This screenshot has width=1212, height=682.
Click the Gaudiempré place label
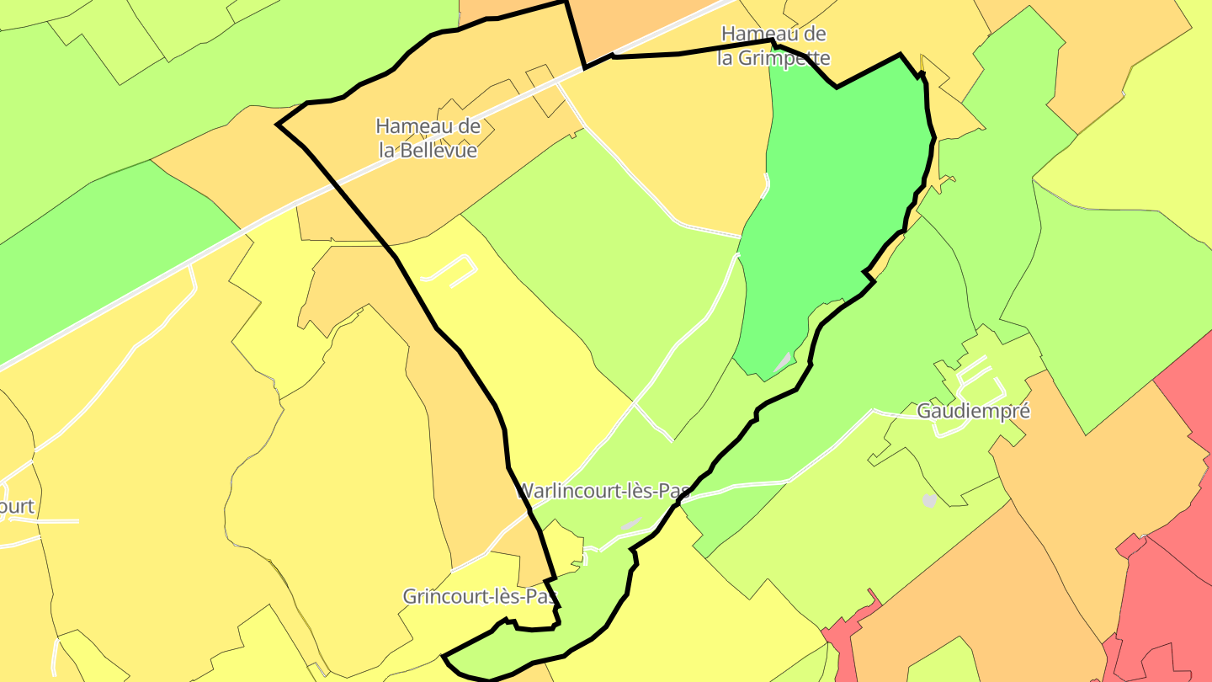[973, 412]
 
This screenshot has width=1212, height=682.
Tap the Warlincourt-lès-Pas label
[603, 491]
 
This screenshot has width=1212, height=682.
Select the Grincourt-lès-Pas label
[480, 597]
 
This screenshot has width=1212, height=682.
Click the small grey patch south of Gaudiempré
[929, 501]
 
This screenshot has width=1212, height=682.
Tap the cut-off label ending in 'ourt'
[17, 507]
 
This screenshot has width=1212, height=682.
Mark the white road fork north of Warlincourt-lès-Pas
[635, 404]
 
